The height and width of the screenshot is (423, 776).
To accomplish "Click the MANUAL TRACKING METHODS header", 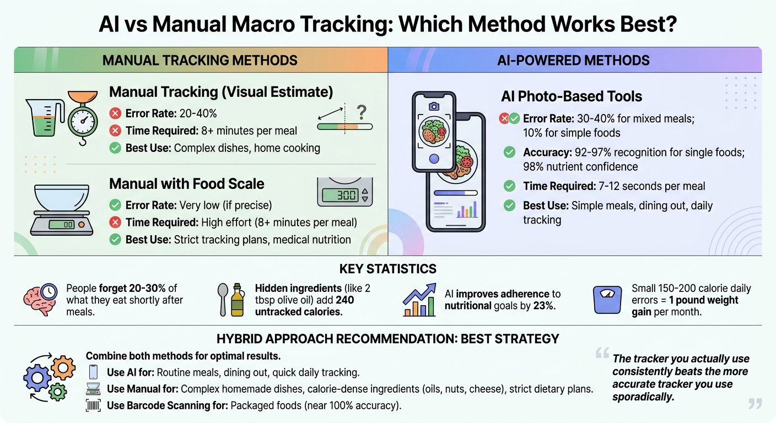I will (x=200, y=60).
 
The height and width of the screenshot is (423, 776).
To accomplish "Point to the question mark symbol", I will (x=362, y=112).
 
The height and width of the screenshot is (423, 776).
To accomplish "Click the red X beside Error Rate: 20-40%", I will (x=115, y=114).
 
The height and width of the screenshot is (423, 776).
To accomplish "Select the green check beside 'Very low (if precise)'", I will (x=115, y=205).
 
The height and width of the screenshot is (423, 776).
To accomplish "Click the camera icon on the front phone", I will (x=434, y=106).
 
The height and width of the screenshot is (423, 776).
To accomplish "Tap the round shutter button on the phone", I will (x=434, y=159).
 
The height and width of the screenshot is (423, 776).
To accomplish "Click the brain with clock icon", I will (x=40, y=299).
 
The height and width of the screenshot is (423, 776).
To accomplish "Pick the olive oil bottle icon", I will (x=238, y=301).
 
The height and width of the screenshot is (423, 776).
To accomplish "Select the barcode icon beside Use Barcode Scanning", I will (x=94, y=406).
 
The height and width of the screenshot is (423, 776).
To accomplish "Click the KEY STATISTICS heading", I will (x=387, y=269).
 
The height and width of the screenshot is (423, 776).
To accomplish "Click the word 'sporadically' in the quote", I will (x=643, y=397).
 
